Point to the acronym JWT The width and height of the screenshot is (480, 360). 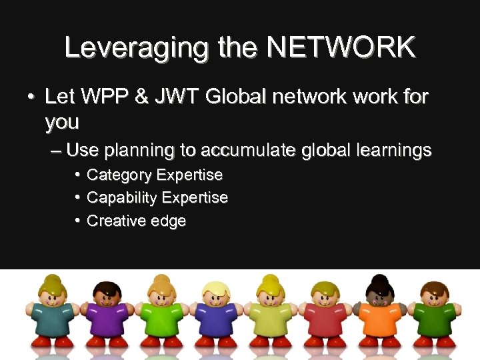pyautogui.click(x=175, y=98)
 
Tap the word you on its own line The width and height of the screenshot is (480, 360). pyautogui.click(x=62, y=123)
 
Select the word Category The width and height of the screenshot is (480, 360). pyautogui.click(x=117, y=176)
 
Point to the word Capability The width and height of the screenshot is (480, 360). pyautogui.click(x=122, y=198)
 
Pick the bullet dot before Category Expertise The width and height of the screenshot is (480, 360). pyautogui.click(x=77, y=175)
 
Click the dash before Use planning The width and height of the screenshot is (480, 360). pyautogui.click(x=56, y=151)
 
